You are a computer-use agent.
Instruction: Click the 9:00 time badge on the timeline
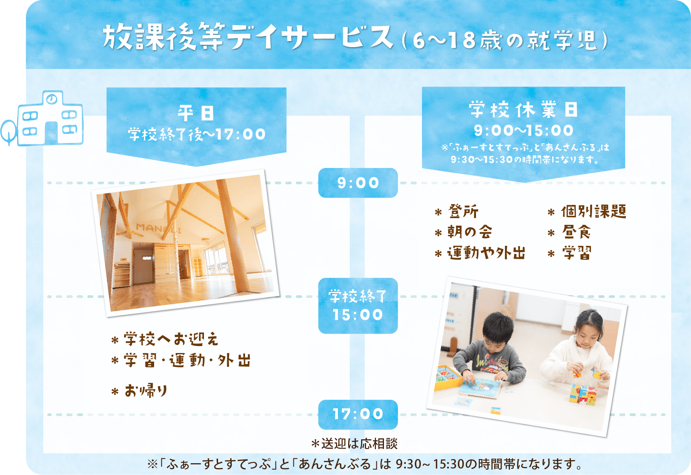pos(358,183)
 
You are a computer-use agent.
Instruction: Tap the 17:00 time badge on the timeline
pos(358,414)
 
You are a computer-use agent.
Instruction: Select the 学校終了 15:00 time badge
pos(358,306)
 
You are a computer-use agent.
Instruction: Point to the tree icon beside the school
pos(8,131)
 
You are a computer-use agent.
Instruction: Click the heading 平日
pos(196,113)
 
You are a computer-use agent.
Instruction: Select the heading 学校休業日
pos(523,110)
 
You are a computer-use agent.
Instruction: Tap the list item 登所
pos(463,211)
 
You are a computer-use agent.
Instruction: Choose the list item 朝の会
pos(469,232)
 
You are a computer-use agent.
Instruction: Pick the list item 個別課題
pos(593,211)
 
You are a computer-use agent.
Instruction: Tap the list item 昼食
pos(576,232)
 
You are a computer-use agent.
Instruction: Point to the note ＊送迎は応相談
pos(354,443)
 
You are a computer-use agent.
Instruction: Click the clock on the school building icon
pos(51,99)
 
